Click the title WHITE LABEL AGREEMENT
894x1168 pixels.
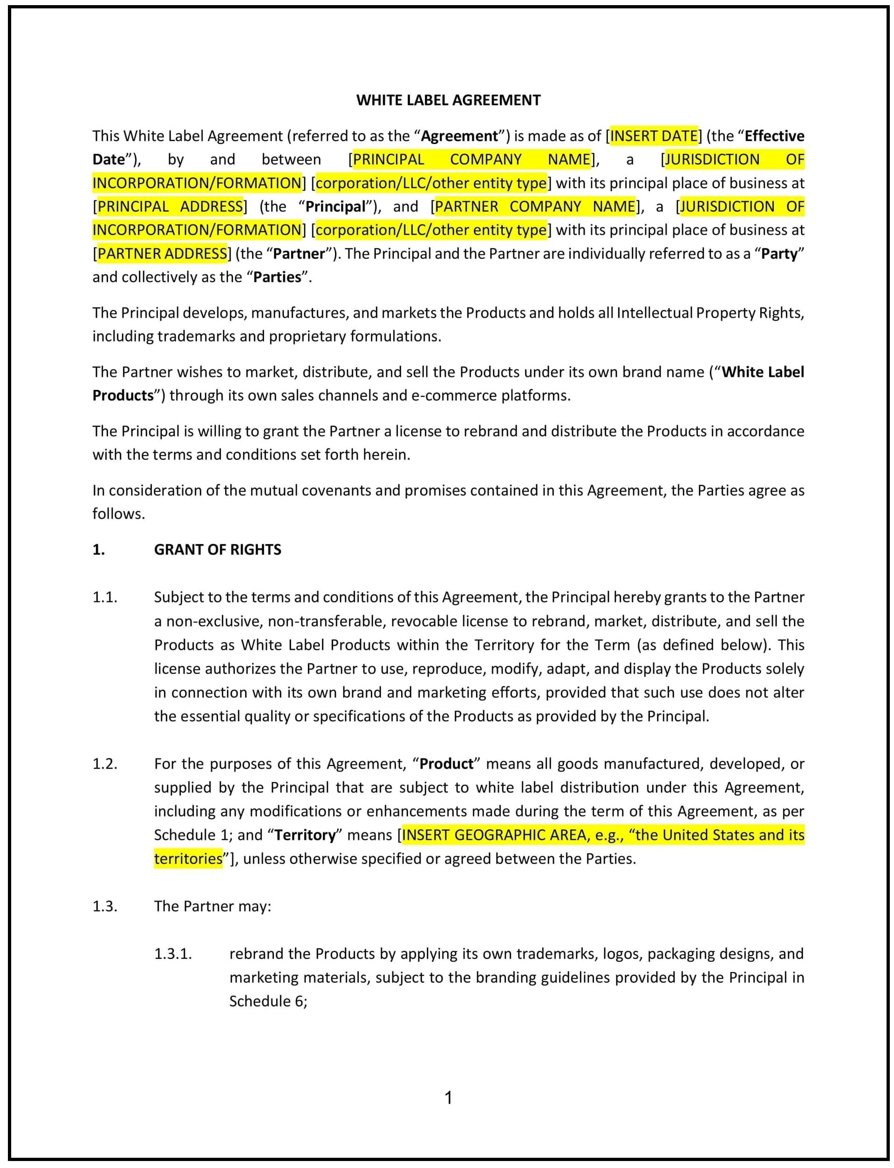coord(448,100)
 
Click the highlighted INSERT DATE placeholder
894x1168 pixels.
coord(654,136)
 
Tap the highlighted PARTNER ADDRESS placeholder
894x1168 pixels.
coord(162,253)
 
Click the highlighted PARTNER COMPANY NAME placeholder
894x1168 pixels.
coord(535,206)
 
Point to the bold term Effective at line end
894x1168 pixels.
coord(774,136)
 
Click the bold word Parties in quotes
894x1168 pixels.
coord(277,277)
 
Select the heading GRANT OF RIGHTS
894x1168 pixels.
coord(217,550)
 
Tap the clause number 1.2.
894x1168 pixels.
coord(104,764)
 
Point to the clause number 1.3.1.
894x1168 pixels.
coord(173,954)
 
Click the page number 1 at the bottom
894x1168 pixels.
coord(448,1097)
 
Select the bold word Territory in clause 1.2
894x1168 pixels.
coord(306,835)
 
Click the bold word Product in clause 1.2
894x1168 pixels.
coord(446,764)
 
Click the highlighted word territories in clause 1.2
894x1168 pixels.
coord(188,858)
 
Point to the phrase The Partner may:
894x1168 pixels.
coord(212,906)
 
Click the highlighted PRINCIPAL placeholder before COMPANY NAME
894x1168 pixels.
coord(389,160)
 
